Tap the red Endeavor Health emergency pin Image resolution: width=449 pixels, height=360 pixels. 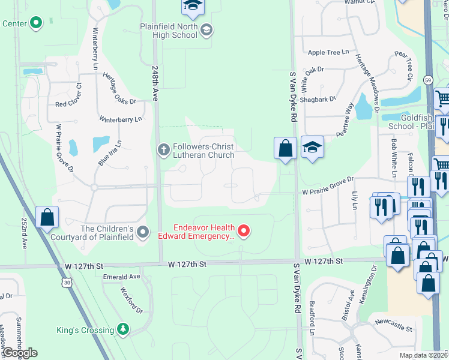tap(244, 231)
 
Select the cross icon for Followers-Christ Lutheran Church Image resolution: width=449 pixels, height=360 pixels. tap(163, 149)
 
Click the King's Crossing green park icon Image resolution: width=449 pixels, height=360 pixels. tap(123, 329)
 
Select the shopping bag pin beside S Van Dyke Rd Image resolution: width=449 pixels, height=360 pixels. tap(285, 148)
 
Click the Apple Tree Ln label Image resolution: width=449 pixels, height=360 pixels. tap(328, 53)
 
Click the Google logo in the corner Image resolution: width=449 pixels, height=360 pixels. tap(20, 353)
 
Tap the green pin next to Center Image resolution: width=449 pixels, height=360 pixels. tap(36, 23)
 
